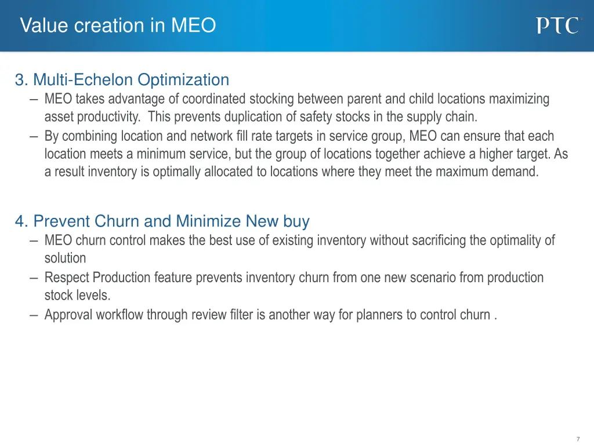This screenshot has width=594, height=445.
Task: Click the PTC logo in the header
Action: click(557, 25)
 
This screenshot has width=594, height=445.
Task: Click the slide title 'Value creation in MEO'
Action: click(118, 25)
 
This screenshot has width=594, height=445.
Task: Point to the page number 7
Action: click(578, 439)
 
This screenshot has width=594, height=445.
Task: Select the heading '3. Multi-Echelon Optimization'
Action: click(122, 79)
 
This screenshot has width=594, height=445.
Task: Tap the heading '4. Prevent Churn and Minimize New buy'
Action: click(162, 221)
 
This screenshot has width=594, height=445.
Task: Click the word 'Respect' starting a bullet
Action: click(67, 278)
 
